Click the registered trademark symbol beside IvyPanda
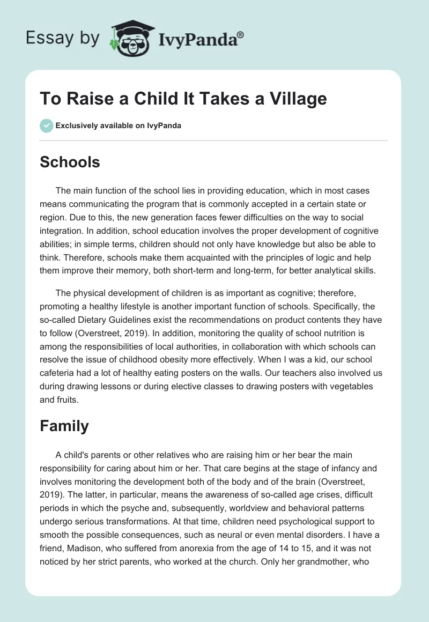click(241, 34)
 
